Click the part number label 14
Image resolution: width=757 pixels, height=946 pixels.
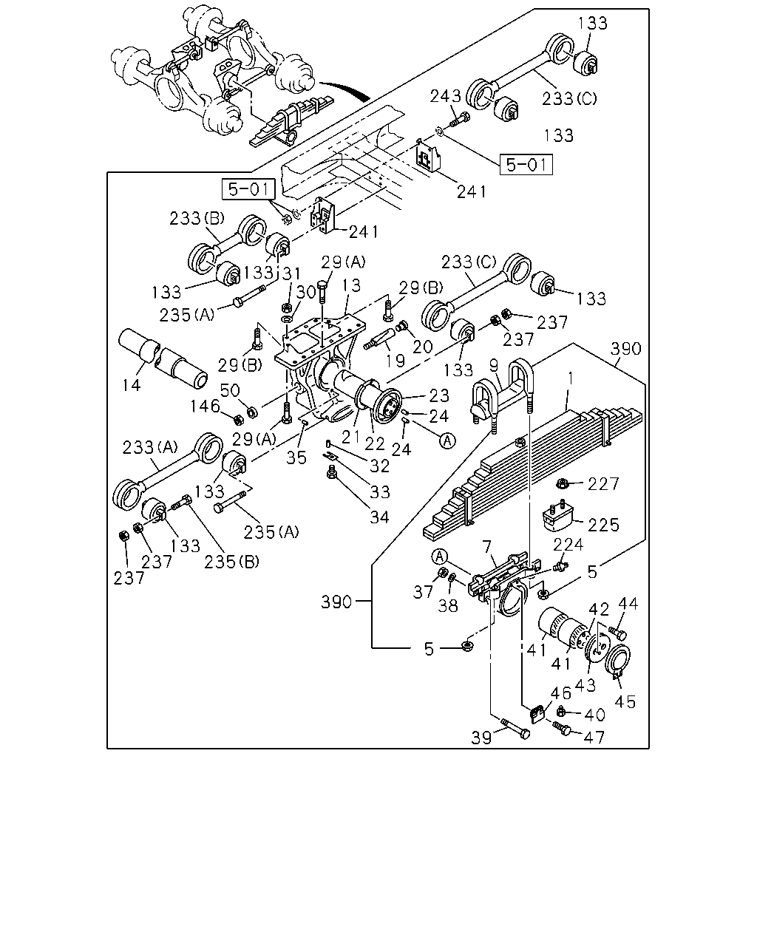tap(132, 386)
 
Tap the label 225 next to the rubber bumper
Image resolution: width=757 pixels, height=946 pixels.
tap(603, 525)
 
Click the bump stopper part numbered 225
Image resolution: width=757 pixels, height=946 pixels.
tap(557, 516)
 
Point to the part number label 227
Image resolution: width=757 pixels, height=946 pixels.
tap(603, 484)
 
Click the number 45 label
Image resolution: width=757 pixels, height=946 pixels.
tap(625, 702)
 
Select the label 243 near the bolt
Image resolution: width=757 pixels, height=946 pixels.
tap(445, 96)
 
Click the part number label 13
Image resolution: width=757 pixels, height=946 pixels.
tap(351, 286)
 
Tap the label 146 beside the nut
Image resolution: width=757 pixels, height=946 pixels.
tap(205, 406)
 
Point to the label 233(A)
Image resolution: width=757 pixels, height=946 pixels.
tap(150, 448)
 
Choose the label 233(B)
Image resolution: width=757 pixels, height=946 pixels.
tap(197, 218)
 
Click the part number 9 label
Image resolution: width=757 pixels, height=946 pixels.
tap(494, 365)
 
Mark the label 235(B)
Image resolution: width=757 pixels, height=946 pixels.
tap(231, 562)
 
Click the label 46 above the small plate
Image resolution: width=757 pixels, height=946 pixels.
tap(561, 693)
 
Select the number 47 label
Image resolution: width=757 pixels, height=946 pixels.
tap(594, 737)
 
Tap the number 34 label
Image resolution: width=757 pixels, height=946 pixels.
tap(379, 517)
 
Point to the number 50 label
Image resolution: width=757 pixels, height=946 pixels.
tap(230, 390)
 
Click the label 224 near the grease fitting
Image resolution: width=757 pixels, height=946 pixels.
tap(568, 545)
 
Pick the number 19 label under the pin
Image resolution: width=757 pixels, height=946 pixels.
tap(396, 361)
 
